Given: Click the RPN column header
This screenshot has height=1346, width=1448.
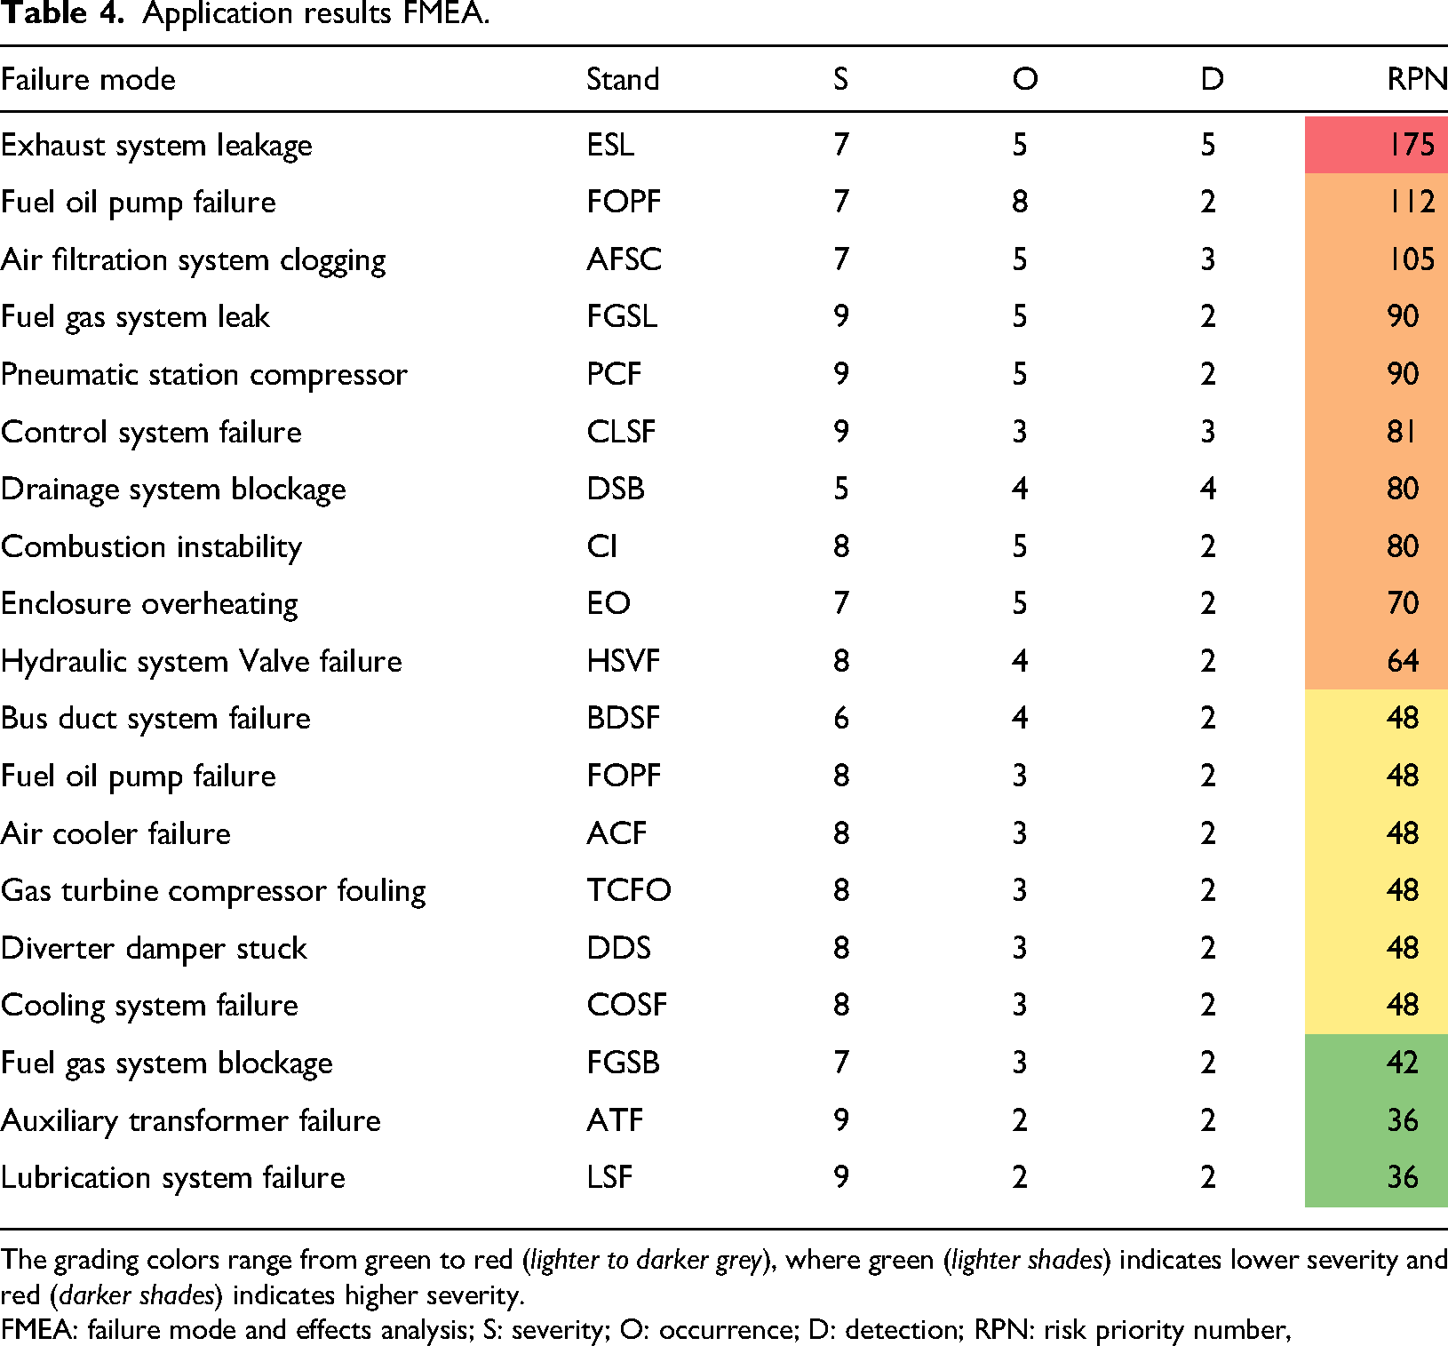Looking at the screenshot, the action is click(x=1417, y=79).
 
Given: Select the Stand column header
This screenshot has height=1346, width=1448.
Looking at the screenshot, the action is click(x=623, y=79).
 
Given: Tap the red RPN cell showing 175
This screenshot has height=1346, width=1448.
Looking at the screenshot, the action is click(x=1376, y=144).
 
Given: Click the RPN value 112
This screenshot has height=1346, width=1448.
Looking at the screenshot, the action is click(x=1412, y=202).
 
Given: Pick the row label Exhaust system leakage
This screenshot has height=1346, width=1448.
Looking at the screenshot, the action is click(x=156, y=146).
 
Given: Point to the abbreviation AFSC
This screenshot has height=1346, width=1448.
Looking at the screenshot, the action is click(x=625, y=259).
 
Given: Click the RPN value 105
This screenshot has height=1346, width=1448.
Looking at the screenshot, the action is click(x=1412, y=259).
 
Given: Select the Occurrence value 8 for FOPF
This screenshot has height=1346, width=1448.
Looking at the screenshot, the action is click(x=1020, y=202).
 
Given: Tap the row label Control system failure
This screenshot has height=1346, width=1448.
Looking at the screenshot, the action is click(x=152, y=433).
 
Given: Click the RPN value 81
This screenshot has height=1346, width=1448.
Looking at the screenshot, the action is click(x=1402, y=432).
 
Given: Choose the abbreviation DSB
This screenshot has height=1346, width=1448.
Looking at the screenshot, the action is click(x=616, y=489).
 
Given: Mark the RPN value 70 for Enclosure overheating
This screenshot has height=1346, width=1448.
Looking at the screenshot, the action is click(x=1403, y=603).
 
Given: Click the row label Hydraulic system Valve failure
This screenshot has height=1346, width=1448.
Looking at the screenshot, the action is click(x=202, y=662).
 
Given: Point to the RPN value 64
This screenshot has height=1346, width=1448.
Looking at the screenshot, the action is click(x=1403, y=661).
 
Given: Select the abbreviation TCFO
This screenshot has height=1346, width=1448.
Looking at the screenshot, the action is click(x=629, y=890).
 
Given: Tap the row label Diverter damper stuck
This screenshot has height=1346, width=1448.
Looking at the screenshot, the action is click(x=154, y=949).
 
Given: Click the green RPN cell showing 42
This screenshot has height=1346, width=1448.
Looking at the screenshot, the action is click(x=1376, y=1063).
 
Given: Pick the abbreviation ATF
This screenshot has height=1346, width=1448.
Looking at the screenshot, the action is click(x=615, y=1119).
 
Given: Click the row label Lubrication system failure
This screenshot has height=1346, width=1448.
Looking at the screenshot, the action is click(x=173, y=1178).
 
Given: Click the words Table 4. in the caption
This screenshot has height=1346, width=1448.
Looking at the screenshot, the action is click(x=61, y=14).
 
